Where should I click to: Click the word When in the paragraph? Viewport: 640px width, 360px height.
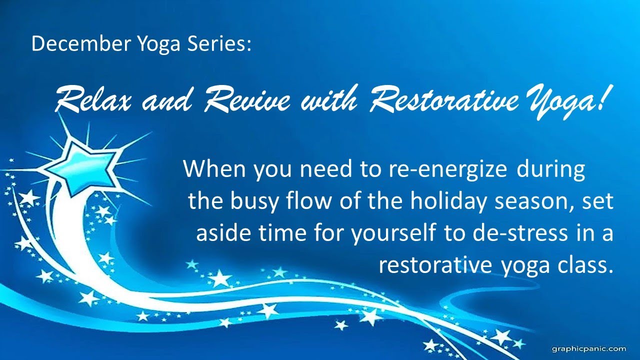click(215, 169)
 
